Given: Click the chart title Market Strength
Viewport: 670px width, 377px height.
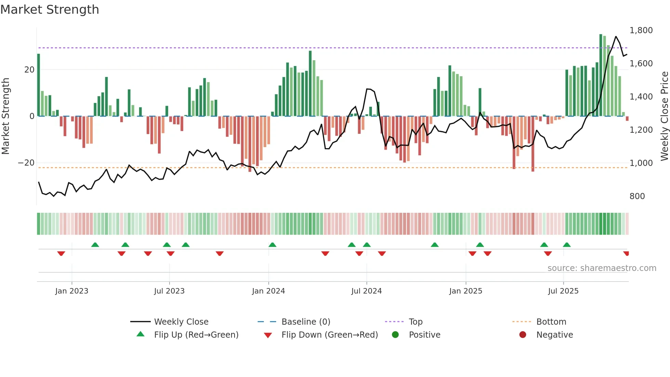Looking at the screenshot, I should [50, 10].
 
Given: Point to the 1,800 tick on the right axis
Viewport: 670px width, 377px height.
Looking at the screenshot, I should [641, 30].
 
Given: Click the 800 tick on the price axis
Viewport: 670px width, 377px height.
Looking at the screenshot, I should [637, 196].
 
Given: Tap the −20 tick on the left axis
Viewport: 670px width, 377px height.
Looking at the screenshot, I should [26, 163].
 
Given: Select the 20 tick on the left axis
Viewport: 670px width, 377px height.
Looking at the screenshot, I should [29, 70].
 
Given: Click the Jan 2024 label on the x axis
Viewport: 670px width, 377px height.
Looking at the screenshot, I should [268, 291].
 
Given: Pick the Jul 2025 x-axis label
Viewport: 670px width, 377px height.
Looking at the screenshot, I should [563, 291].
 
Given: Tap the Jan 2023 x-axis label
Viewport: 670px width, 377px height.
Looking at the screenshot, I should [72, 291].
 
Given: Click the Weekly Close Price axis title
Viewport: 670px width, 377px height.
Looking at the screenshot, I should [664, 116].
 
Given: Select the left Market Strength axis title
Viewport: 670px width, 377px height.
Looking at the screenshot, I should [6, 116].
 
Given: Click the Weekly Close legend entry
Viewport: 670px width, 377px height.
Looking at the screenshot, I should [181, 322].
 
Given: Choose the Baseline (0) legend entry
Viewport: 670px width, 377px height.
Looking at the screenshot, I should [306, 322].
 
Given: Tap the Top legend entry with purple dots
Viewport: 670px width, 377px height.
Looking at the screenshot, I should [415, 322].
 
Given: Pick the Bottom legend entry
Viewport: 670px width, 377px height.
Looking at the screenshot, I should [551, 322].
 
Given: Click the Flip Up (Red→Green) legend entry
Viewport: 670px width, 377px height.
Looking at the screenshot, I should [196, 335].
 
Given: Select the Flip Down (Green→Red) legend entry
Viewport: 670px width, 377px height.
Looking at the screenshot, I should [330, 335].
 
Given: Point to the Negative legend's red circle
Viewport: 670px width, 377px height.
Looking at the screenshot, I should [523, 335].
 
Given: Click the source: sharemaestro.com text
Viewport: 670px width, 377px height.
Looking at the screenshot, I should [602, 268].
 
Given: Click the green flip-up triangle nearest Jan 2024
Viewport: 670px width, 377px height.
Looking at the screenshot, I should [272, 245].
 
